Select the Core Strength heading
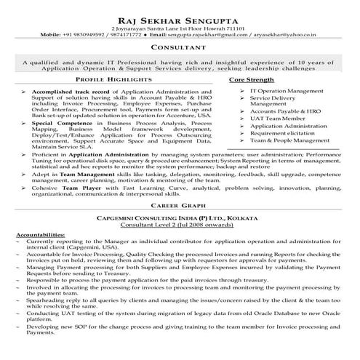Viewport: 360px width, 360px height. (251, 78)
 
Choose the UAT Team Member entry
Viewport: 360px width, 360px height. (273, 117)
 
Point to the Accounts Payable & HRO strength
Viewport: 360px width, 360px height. (284, 109)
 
